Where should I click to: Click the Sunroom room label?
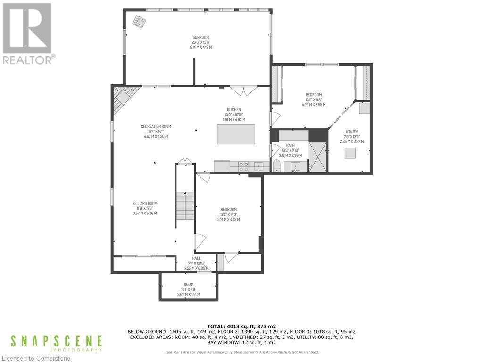200,37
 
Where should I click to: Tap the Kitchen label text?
233,109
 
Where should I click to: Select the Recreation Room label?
156,126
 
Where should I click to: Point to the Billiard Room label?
145,204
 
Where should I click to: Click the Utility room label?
351,132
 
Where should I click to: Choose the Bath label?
291,146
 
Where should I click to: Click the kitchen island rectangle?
236,134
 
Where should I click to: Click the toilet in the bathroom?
277,166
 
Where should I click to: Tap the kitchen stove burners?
244,166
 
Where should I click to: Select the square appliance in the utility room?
350,154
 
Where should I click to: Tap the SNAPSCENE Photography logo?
56,343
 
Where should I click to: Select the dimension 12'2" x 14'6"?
228,214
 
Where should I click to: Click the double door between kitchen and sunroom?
243,90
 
